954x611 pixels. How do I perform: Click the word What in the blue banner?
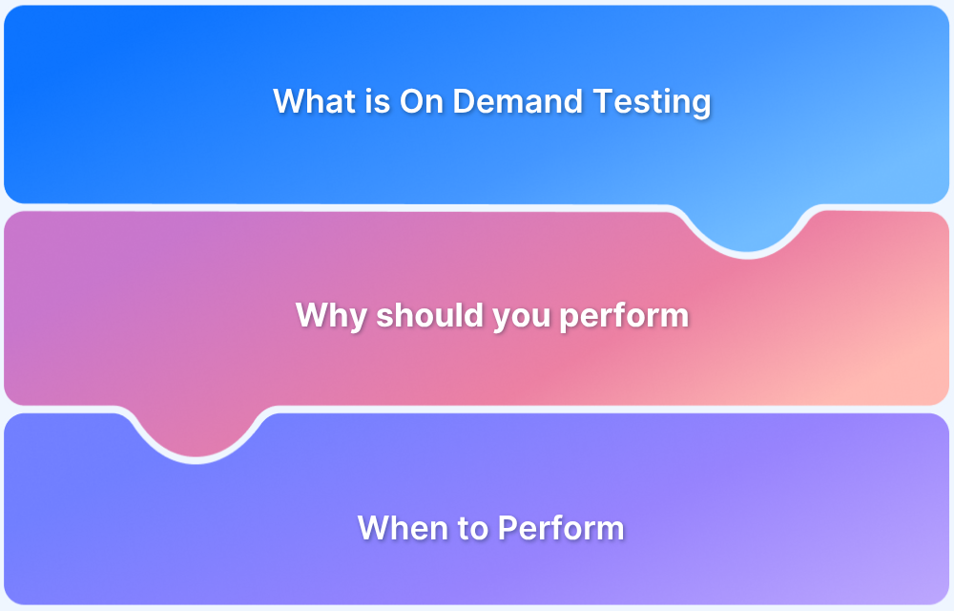pos(313,101)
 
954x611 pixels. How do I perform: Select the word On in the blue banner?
pos(421,101)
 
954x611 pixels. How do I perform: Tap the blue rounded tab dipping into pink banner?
pos(747,229)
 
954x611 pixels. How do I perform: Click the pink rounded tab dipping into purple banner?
pos(197,435)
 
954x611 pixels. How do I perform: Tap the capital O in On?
pos(412,101)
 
